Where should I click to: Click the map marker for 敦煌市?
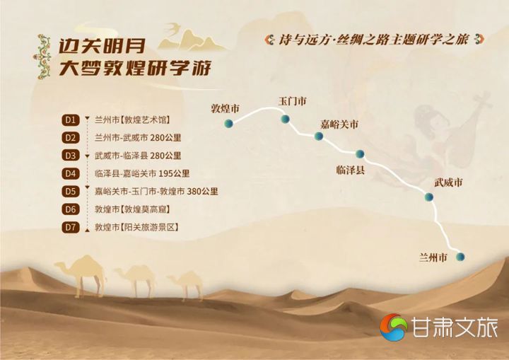point(228,123)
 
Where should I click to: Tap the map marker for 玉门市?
point(285,119)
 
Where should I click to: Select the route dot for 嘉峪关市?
point(319,136)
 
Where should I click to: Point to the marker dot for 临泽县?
point(360,153)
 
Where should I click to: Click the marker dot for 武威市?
point(429,197)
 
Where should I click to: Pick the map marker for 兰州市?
point(460,257)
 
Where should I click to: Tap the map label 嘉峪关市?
point(339,124)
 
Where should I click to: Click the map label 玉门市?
point(292,101)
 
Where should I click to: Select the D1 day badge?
point(71,120)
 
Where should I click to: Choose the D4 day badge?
point(71,173)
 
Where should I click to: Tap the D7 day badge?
point(71,227)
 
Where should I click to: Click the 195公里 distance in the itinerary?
point(175,173)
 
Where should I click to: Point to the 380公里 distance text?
point(203,192)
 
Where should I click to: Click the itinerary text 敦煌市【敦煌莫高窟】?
point(132,209)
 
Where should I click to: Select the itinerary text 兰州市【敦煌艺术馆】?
point(132,120)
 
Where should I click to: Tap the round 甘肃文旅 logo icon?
point(394,327)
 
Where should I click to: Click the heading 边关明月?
point(102,47)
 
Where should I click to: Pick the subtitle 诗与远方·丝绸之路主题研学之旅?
point(374,40)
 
